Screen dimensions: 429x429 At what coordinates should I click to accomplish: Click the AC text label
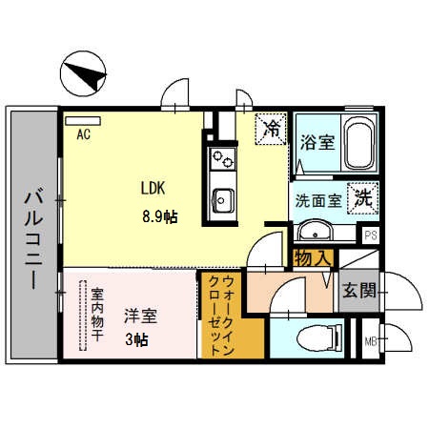84,134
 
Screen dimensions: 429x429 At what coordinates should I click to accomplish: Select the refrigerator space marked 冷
272,129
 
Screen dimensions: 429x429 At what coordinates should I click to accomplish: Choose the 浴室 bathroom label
316,143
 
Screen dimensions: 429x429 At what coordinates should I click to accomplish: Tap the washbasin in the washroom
314,232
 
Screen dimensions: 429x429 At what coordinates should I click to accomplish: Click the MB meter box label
370,340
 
